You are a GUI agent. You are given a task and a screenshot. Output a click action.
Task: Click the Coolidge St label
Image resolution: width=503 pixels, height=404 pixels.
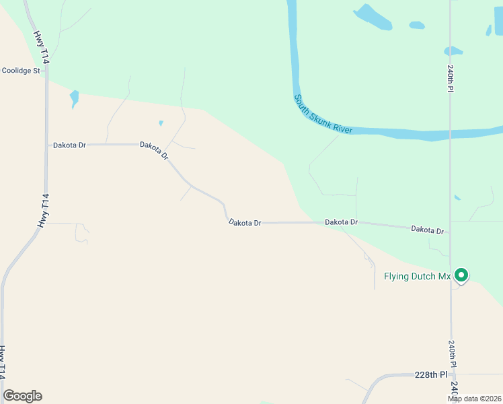click(x=22, y=70)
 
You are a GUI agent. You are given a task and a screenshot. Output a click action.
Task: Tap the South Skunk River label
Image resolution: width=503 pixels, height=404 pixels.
click(x=323, y=114)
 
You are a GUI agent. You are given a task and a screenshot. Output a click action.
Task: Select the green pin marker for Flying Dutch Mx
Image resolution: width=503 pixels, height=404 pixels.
click(x=461, y=275)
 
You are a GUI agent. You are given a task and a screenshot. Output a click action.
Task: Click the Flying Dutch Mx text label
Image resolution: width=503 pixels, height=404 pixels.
click(x=416, y=276)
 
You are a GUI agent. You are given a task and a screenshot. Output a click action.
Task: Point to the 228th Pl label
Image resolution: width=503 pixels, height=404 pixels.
click(x=430, y=374)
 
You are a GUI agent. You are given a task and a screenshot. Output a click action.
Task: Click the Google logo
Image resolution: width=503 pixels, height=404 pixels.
click(x=22, y=396)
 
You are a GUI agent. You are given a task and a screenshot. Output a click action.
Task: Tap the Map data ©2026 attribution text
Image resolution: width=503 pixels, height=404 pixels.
click(x=474, y=399)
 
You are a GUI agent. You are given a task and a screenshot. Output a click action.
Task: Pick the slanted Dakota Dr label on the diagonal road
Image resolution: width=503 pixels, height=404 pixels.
click(x=154, y=150)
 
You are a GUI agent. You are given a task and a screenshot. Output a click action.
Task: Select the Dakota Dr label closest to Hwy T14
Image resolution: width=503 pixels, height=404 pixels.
click(x=69, y=145)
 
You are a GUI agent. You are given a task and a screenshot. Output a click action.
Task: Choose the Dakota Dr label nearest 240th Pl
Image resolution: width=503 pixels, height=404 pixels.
click(x=428, y=230)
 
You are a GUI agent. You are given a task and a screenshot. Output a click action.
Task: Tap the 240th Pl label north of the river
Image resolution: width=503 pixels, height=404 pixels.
click(x=451, y=79)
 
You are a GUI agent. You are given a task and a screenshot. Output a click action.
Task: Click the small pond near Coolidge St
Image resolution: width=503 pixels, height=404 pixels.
click(x=74, y=98)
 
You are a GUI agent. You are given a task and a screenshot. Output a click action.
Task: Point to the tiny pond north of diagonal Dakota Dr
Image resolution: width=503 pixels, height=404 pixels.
click(x=161, y=123)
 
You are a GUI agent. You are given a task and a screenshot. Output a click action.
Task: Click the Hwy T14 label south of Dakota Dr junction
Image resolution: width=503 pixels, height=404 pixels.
click(x=43, y=211)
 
